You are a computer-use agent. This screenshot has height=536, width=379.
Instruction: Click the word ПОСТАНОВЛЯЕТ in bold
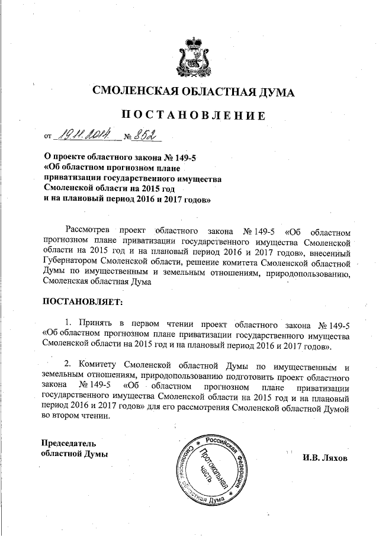(x=82, y=302)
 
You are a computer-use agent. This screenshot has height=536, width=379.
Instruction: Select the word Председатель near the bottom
(x=68, y=442)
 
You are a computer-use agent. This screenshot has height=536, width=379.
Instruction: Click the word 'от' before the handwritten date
(x=48, y=137)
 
